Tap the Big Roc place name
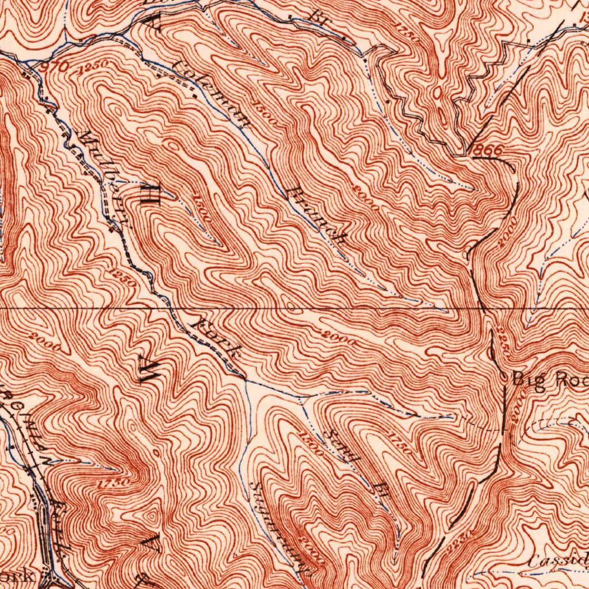tap(550, 380)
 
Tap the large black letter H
tap(148, 195)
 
